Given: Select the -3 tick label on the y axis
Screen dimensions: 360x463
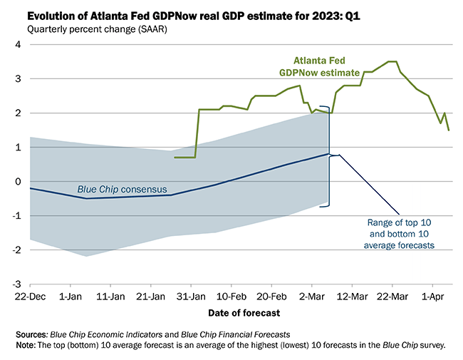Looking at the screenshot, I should [16, 284].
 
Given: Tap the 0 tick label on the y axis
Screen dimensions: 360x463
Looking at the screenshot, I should [19, 182].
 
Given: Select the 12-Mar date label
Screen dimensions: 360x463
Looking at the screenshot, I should [351, 294].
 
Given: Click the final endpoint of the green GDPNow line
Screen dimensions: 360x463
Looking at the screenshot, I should [449, 130].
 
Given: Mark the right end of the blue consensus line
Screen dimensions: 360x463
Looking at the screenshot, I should [328, 154].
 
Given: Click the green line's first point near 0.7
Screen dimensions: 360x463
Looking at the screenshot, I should [175, 158].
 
